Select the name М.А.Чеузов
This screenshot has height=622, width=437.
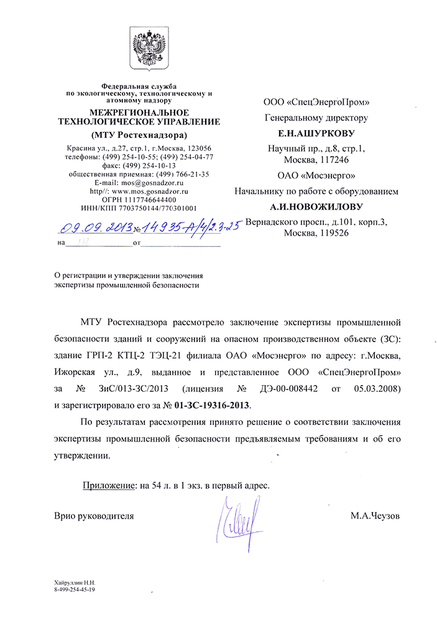(375, 516)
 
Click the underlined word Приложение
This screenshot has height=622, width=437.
(108, 485)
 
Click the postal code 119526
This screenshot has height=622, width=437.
(330, 233)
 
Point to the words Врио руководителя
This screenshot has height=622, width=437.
(94, 516)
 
